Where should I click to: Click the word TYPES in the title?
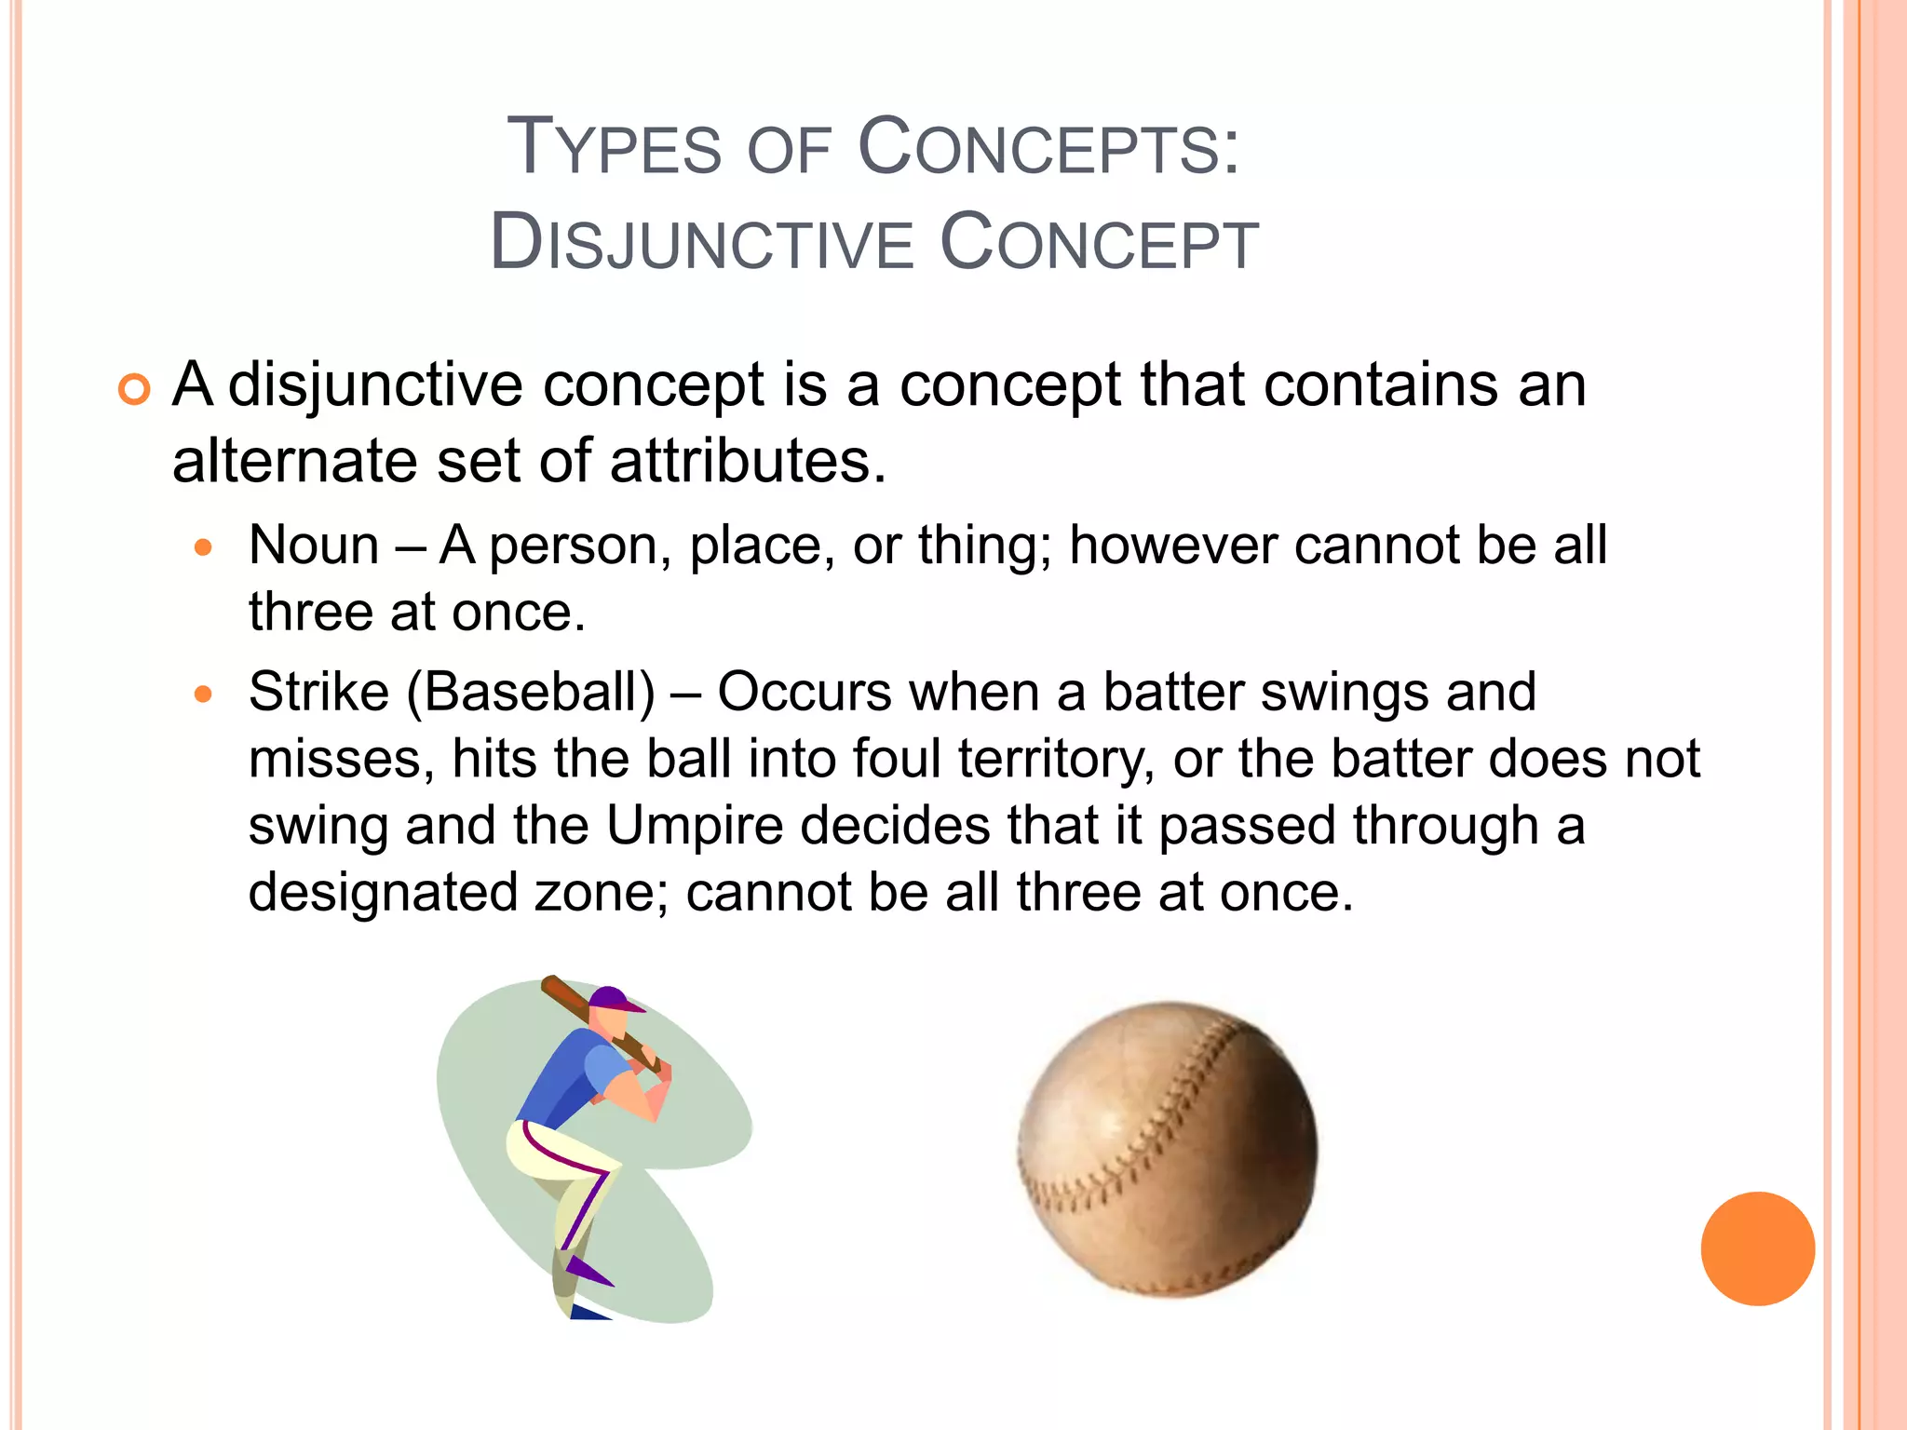(615, 147)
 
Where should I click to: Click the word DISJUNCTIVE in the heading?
(701, 244)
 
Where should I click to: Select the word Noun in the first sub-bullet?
(314, 546)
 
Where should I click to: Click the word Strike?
(318, 693)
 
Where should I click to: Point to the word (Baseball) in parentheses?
(531, 693)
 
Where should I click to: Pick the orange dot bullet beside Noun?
(204, 547)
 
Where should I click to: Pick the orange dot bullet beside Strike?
(204, 695)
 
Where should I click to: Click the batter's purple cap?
(613, 999)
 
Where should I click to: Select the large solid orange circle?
(1757, 1248)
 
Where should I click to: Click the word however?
(1171, 546)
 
